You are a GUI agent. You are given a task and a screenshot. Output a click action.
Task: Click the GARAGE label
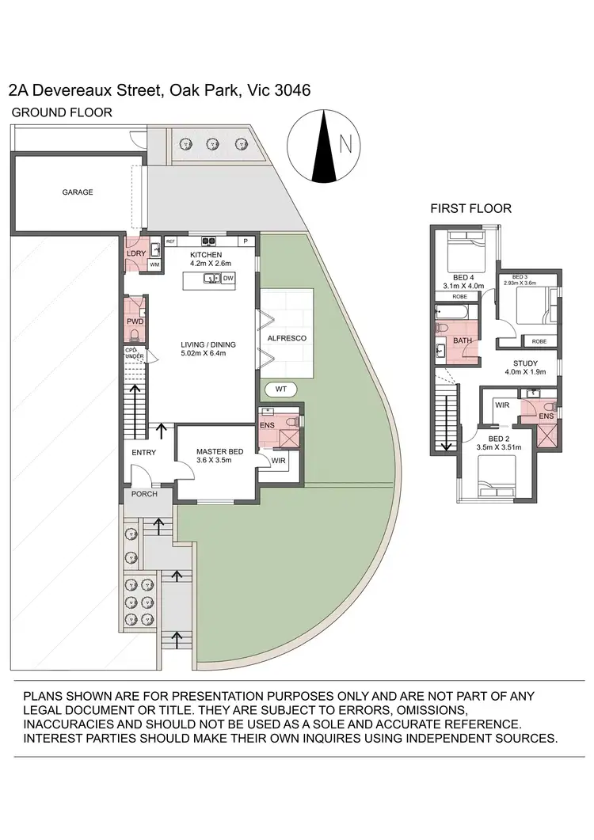(78, 192)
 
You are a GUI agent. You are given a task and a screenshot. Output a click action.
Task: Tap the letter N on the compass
(345, 144)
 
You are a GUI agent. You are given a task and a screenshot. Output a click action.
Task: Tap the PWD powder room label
(135, 322)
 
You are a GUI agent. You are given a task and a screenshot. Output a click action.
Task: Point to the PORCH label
(145, 494)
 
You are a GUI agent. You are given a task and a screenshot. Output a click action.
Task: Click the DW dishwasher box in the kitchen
(227, 279)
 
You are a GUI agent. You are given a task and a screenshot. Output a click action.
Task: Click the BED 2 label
(499, 439)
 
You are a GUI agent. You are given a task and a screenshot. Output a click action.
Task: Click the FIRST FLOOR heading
(470, 209)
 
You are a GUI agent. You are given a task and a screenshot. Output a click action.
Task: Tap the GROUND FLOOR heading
(62, 112)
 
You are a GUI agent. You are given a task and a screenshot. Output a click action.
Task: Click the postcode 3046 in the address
(291, 91)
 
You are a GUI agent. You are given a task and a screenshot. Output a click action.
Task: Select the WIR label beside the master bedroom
(278, 460)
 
